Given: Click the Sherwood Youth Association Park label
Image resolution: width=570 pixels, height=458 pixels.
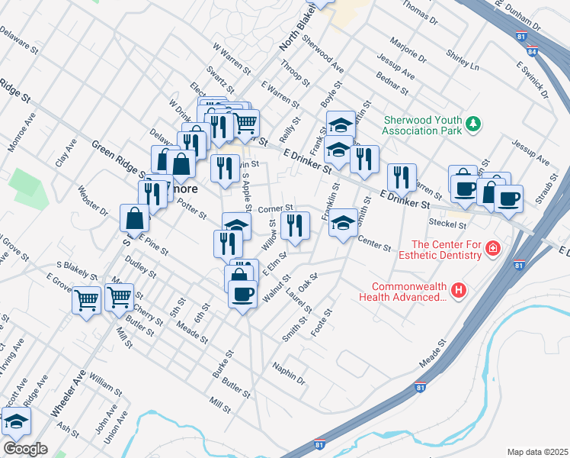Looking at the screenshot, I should click(423, 125).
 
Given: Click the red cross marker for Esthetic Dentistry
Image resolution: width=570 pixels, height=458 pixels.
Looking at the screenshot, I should click(493, 249).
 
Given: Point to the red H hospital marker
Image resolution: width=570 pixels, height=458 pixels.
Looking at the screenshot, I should click(458, 290).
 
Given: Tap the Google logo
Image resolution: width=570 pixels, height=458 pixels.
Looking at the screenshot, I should click(24, 449).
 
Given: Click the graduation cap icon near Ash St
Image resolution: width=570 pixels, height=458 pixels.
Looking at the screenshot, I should click(15, 421).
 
